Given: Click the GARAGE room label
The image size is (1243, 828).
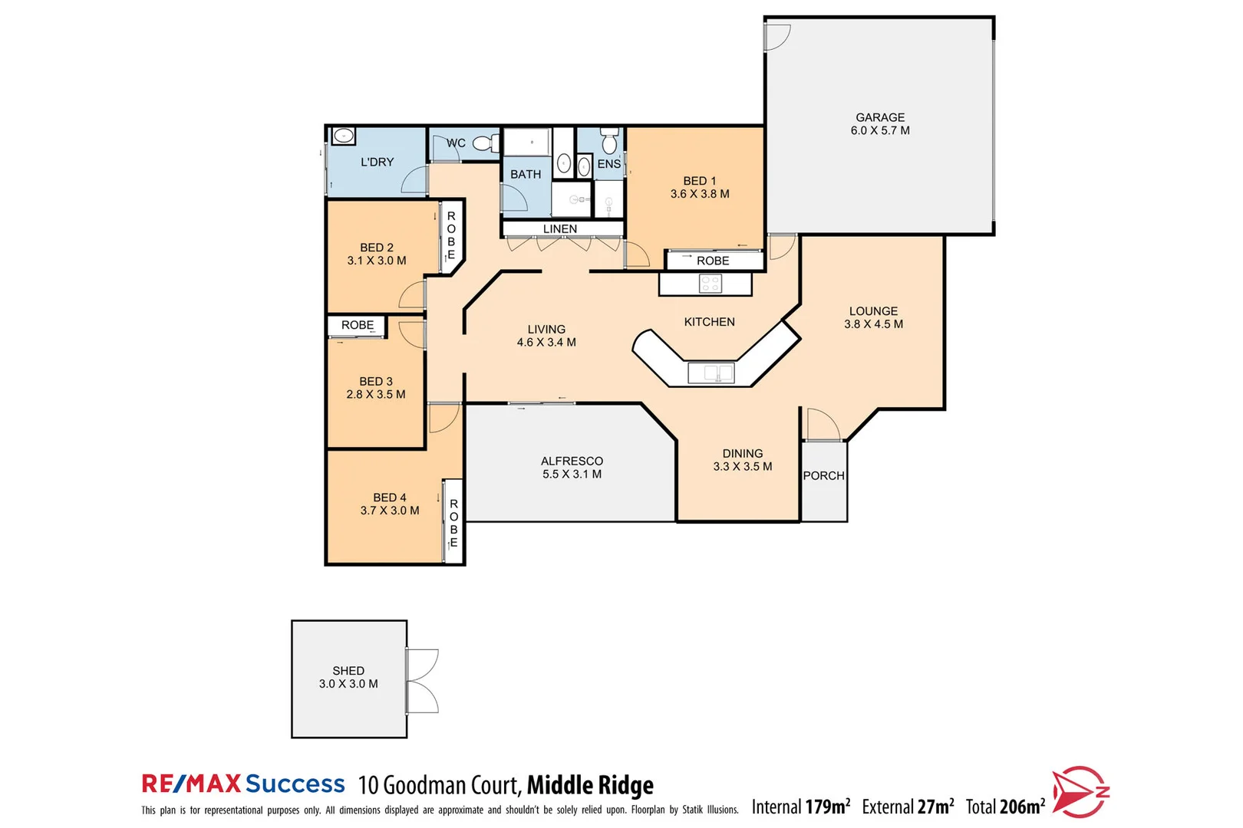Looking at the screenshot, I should pos(880,117).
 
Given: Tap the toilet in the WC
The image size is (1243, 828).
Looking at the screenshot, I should pos(483,143).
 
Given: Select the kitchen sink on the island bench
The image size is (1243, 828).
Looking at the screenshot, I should pos(711,373).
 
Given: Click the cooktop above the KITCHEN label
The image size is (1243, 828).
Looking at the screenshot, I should pos(711,284).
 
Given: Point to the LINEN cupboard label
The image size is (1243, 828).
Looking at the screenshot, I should pos(560,228).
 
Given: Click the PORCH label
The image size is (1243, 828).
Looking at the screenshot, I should pos(823,475).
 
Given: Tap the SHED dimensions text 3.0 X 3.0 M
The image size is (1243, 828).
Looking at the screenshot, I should pos(348,684).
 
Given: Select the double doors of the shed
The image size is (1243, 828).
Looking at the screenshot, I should pos(422,682).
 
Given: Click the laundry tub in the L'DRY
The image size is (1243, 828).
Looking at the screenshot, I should pos(344,136).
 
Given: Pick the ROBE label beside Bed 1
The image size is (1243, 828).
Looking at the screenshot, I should pos(713,261).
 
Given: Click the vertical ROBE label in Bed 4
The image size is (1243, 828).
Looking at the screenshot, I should pos(453,523).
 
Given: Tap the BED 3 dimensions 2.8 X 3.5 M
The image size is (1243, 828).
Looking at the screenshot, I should pos(376,394).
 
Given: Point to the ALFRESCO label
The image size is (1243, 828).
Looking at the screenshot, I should pos(572,461).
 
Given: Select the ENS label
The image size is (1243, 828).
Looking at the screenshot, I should pos(609,164).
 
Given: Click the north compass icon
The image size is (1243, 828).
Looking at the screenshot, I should pos(1080,791).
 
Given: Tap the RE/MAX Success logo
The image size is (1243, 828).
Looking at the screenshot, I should pos(243,784).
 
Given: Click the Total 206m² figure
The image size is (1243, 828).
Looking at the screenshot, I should pos(1005,807).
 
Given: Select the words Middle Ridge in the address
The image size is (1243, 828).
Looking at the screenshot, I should pos(590,785).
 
